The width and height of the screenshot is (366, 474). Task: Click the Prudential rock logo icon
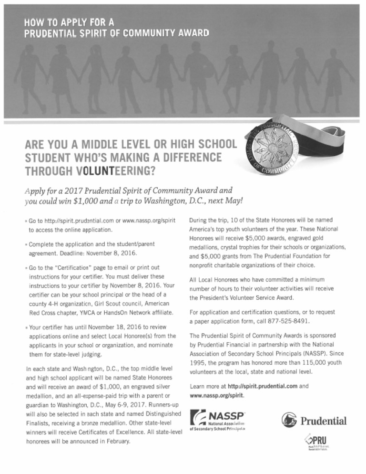click(x=288, y=421)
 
